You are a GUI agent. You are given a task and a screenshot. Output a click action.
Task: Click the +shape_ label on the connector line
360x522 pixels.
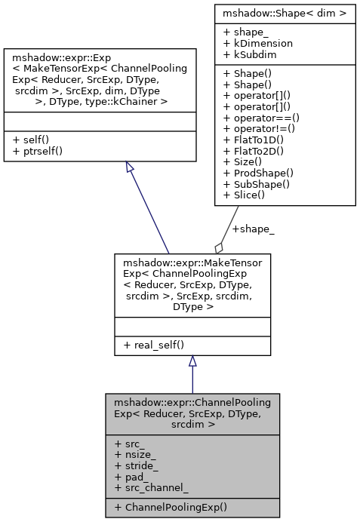(x=254, y=229)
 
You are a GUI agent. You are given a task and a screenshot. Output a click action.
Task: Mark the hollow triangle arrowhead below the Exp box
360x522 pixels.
(x=129, y=167)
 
